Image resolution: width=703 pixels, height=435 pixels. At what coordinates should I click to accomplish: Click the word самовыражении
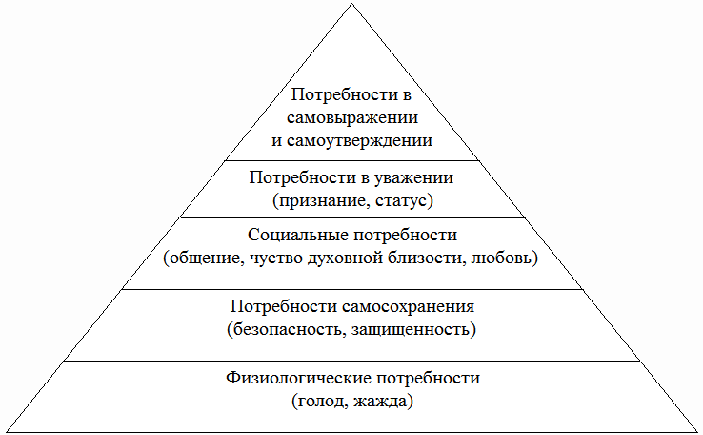point(352,118)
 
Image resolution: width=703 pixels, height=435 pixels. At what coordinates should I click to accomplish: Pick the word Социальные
point(291,234)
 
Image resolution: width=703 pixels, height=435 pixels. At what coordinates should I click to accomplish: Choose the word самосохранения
point(411,307)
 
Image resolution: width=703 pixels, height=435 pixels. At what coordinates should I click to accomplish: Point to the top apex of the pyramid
point(351,4)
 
